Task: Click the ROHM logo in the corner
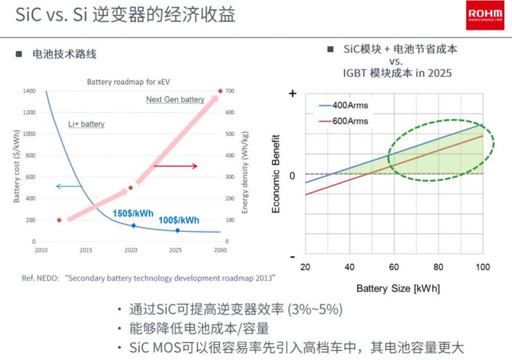[484, 15]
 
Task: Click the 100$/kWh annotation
[178, 220]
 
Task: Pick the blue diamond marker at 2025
[177, 231]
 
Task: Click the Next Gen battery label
[175, 100]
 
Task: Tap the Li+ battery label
[86, 124]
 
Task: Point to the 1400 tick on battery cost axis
[28, 91]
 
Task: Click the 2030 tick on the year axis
[220, 250]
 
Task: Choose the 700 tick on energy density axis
[230, 91]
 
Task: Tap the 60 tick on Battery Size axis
[393, 267]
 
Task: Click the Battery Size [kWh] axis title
[398, 287]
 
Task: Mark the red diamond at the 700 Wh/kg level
[220, 91]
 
